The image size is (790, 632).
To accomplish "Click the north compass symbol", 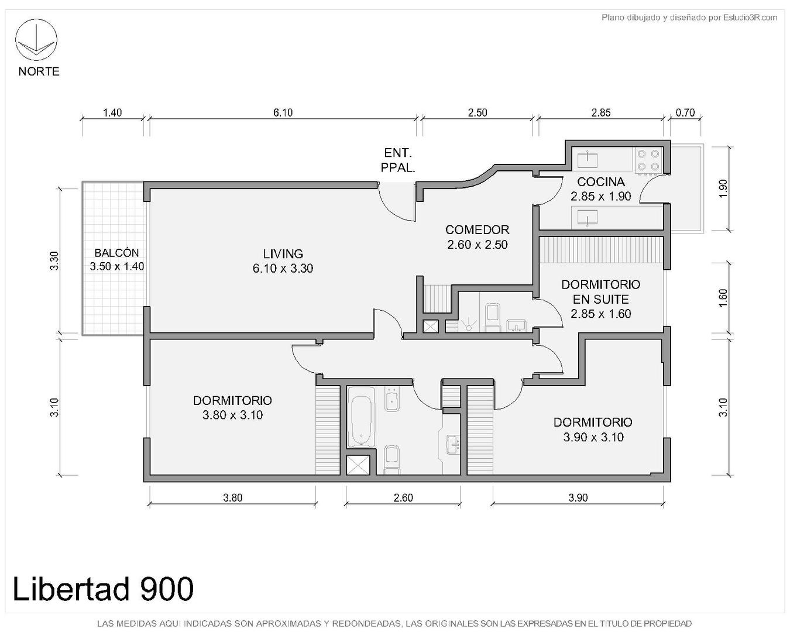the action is pos(36,40).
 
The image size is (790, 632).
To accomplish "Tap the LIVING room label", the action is pos(283,254).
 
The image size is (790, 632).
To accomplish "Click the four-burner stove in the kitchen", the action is pos(648,160).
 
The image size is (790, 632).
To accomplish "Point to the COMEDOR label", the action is pos(478,230).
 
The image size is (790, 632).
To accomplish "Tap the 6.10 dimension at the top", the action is pos(283,112).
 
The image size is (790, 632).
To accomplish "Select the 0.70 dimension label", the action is pos(685,112).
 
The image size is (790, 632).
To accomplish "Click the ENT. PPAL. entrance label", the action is pos(398,160).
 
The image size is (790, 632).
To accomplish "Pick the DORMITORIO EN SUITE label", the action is pos(600,292).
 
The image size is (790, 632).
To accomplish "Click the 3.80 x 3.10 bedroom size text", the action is pos(232,415).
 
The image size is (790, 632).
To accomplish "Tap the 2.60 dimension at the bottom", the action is pos(403,497).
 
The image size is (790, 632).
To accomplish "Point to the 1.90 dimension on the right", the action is pos(723,188).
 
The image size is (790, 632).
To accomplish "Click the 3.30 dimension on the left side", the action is pos(54,261).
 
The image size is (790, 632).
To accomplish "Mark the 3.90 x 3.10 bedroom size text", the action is pos(593,437).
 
